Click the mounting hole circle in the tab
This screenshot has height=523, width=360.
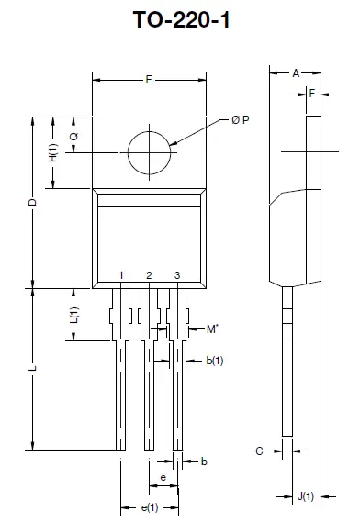coord(149,151)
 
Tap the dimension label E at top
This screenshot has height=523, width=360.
coord(149,81)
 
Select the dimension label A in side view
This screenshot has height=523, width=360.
coord(295,73)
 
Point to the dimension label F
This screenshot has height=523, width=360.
coord(313,94)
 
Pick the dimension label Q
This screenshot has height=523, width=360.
coord(74,135)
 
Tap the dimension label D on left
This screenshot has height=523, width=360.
coord(32,202)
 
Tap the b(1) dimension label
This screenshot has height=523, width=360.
coord(214,361)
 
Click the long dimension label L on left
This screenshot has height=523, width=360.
coord(32,369)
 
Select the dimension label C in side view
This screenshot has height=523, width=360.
coord(260,451)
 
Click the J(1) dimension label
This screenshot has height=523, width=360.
coord(305,496)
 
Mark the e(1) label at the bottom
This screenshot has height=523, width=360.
coord(149,507)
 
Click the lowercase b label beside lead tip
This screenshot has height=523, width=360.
coord(203,462)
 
